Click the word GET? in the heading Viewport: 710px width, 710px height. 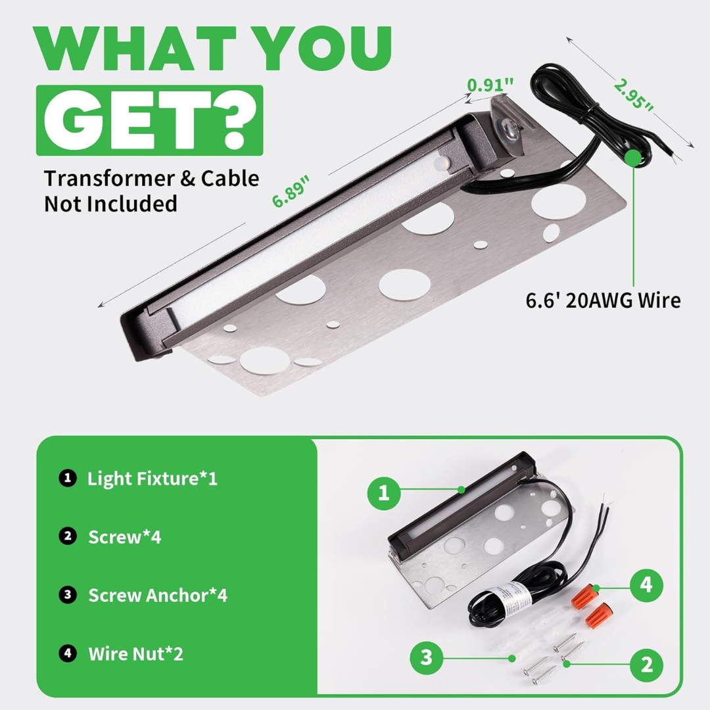click(x=150, y=120)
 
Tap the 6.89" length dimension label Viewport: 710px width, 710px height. click(x=291, y=191)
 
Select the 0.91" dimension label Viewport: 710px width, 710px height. click(x=490, y=85)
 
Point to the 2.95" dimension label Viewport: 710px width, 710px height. click(x=634, y=95)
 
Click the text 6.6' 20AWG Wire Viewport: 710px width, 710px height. click(x=603, y=300)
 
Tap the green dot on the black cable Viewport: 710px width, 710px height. click(x=633, y=158)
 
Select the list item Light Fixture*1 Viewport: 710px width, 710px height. click(x=152, y=479)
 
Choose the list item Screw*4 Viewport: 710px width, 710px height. click(x=124, y=537)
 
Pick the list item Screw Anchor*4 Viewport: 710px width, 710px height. click(x=158, y=596)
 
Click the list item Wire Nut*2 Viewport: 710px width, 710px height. click(x=135, y=654)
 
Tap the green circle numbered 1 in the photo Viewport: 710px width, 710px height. click(x=383, y=492)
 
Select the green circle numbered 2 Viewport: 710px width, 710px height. click(x=647, y=664)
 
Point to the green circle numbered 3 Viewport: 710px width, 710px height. click(x=427, y=657)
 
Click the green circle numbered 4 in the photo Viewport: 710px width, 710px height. click(x=646, y=584)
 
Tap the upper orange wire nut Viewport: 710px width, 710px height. click(x=582, y=596)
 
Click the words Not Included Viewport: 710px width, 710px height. click(x=110, y=204)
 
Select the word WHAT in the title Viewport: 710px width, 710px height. click(x=135, y=49)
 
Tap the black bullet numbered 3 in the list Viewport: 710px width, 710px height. click(x=68, y=594)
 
